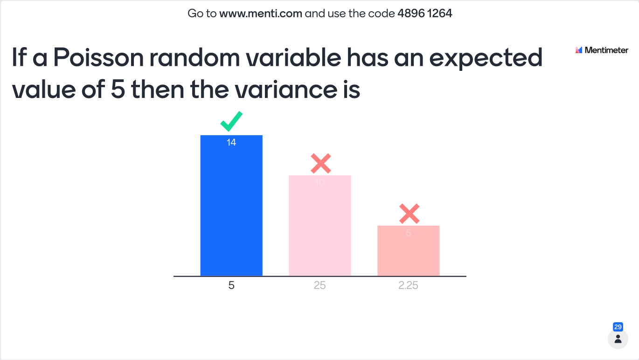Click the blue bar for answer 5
(231, 205)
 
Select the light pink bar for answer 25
(320, 226)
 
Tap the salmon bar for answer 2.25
(408, 251)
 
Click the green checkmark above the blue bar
(231, 122)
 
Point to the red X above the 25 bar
(321, 164)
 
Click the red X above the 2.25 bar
(410, 214)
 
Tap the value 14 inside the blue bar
(231, 142)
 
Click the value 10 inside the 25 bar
(320, 183)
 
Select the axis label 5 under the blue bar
(231, 285)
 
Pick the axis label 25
(320, 285)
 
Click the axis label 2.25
(408, 285)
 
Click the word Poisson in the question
(98, 58)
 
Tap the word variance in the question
(285, 90)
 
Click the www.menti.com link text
(261, 14)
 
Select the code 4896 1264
(425, 14)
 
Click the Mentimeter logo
(602, 50)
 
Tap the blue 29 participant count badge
(618, 327)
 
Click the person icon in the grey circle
(618, 339)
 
